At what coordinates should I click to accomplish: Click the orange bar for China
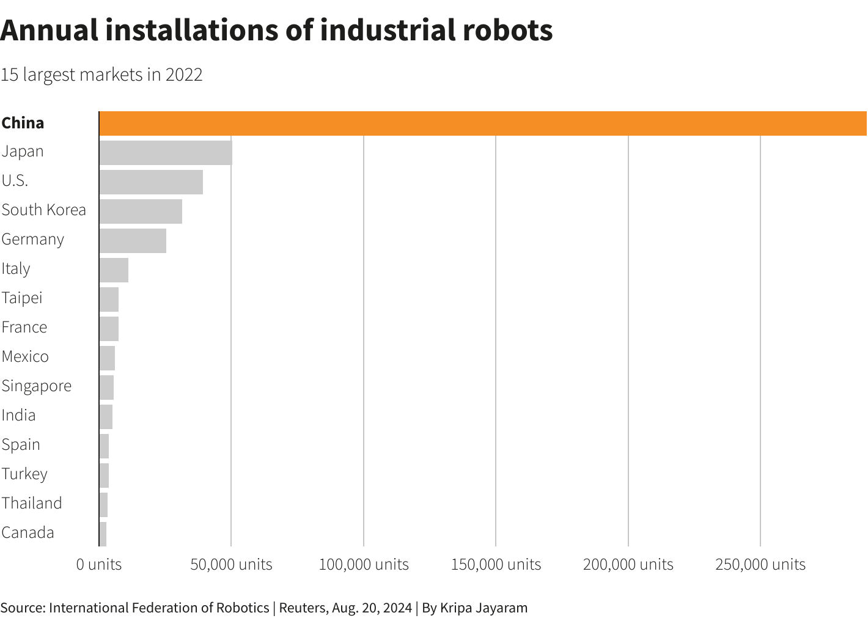(x=483, y=123)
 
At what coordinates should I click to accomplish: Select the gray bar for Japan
(x=166, y=152)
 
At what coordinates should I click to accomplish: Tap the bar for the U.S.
(x=151, y=182)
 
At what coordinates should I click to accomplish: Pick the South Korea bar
(x=141, y=211)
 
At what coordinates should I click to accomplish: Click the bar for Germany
(x=133, y=241)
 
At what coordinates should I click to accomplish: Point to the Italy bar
(x=114, y=270)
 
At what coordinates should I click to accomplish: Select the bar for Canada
(x=103, y=534)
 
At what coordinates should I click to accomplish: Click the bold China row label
(x=23, y=123)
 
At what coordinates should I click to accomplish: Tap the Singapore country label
(x=37, y=386)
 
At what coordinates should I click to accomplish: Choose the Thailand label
(x=32, y=503)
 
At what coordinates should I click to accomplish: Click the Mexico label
(x=25, y=356)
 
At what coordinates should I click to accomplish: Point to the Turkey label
(x=24, y=474)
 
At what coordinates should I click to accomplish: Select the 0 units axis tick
(x=99, y=564)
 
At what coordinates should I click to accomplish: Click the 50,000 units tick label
(x=231, y=564)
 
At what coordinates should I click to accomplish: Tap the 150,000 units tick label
(x=496, y=564)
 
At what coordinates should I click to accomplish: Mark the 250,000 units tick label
(x=760, y=564)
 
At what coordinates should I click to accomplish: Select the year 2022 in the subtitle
(x=184, y=75)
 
